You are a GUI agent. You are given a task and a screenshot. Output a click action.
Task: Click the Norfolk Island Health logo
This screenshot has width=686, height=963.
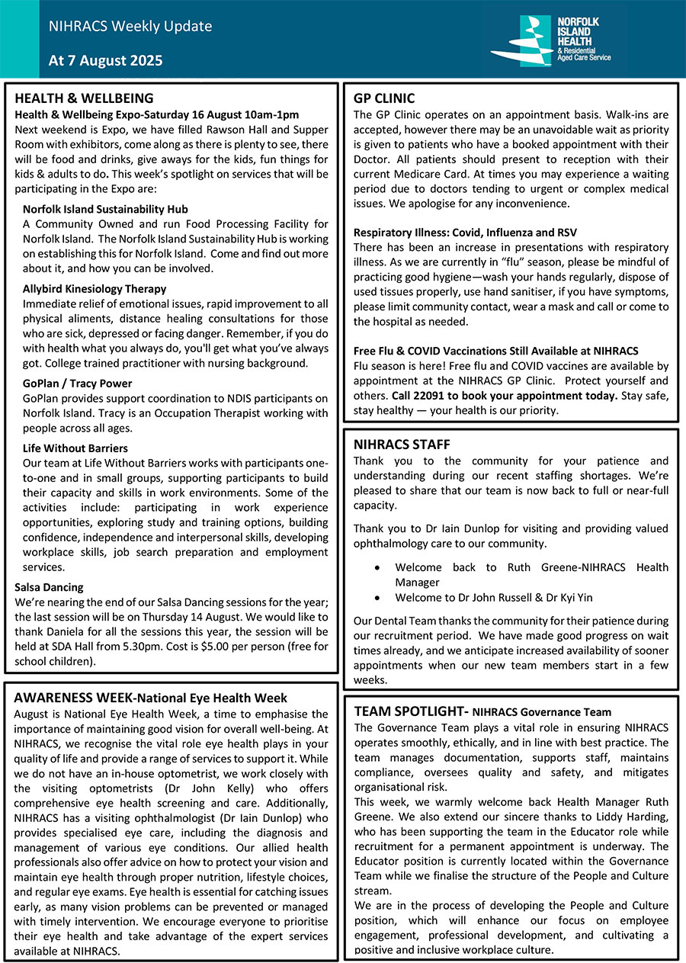(x=550, y=40)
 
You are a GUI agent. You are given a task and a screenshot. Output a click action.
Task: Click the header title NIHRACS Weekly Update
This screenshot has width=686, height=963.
(x=130, y=27)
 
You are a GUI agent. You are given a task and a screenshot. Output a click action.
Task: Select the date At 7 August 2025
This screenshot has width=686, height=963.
(x=105, y=61)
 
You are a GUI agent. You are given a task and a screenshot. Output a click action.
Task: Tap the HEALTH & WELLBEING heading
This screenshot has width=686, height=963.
(x=84, y=98)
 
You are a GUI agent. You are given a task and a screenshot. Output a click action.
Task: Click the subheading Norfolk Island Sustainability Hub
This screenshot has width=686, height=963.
(x=105, y=209)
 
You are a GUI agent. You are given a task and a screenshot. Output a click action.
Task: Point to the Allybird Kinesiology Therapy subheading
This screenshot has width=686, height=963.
(x=95, y=289)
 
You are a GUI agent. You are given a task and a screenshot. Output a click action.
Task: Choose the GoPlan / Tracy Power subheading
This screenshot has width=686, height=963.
(x=77, y=384)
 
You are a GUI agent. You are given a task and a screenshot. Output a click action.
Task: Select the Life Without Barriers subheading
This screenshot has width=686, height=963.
(x=75, y=448)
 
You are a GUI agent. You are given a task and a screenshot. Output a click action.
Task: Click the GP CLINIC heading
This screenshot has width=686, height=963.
(x=384, y=98)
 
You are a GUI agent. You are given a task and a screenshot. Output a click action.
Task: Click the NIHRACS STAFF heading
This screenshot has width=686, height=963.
(x=402, y=445)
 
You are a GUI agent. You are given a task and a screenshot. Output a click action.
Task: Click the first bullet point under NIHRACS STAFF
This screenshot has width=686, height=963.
(x=379, y=568)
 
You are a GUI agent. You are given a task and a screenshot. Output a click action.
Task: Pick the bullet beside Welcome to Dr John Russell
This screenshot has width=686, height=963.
(x=379, y=598)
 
